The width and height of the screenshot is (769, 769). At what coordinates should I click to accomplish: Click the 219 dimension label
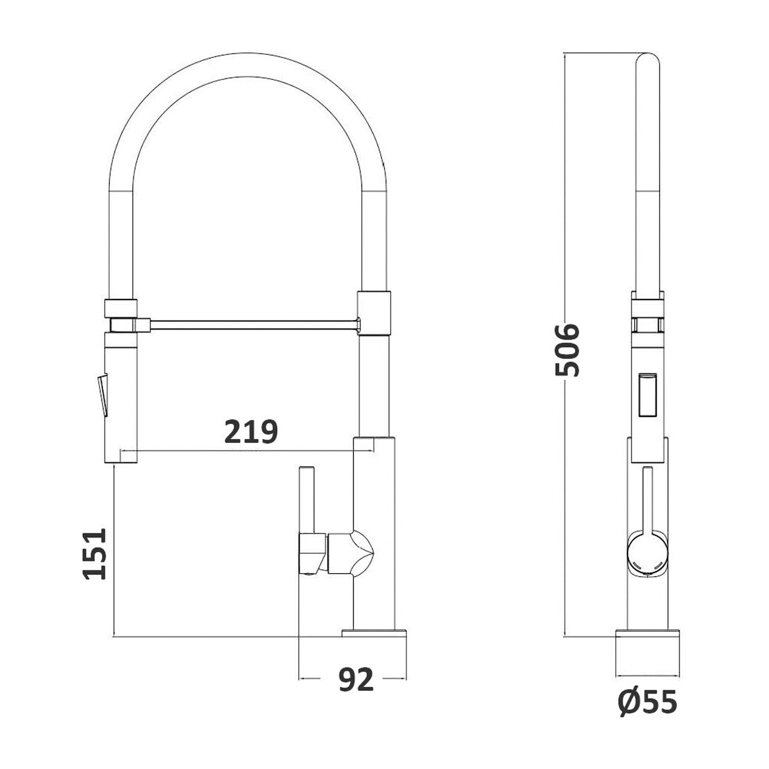click(x=251, y=432)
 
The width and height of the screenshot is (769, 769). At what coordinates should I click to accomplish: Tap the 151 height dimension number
click(x=96, y=554)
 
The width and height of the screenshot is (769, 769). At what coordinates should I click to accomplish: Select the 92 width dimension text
click(x=356, y=680)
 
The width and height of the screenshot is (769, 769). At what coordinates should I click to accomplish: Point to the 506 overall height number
click(x=568, y=350)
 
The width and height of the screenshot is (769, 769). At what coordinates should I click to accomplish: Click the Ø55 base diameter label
click(x=647, y=701)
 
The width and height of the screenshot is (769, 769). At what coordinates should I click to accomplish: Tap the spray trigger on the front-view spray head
click(x=103, y=395)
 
